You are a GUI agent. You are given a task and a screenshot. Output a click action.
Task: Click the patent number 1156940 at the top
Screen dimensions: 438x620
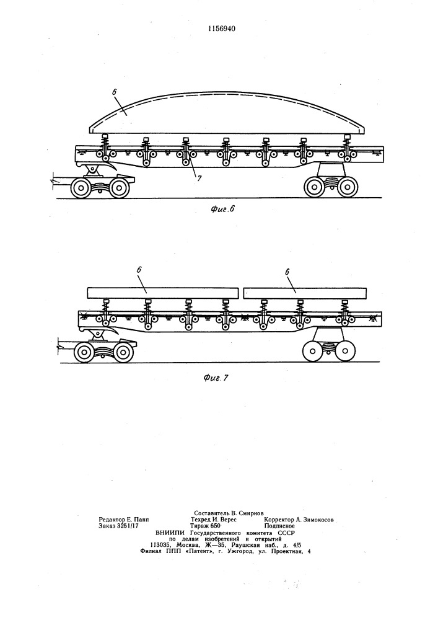222,29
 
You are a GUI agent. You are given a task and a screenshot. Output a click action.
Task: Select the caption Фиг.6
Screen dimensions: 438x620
222,209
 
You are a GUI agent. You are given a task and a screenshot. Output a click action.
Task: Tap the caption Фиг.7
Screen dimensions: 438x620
216,378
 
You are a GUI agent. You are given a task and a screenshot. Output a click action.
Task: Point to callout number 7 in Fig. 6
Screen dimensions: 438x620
199,179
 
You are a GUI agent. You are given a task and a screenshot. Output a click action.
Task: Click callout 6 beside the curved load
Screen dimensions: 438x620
114,91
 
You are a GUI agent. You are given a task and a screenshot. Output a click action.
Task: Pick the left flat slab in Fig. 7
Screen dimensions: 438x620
163,293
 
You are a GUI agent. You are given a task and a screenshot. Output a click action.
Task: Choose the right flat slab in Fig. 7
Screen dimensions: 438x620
305,293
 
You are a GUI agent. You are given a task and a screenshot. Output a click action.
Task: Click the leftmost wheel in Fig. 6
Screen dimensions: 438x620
81,188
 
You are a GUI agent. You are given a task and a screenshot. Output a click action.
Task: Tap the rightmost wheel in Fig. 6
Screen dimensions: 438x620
347,187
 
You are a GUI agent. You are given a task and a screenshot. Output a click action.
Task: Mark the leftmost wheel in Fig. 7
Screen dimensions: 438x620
84,352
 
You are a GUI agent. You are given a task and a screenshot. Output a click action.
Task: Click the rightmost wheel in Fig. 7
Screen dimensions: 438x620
345,351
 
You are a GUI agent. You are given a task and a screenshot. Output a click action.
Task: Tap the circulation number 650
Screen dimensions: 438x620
215,526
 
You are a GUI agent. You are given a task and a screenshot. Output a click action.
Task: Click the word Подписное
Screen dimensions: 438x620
279,526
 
